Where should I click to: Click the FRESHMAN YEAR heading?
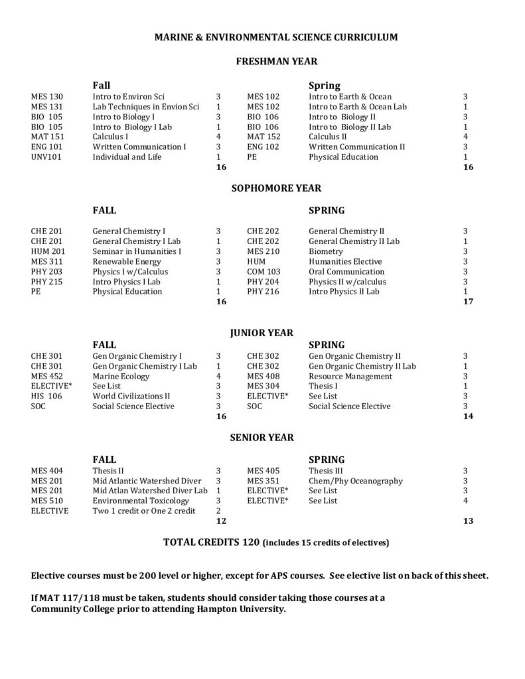click(277, 62)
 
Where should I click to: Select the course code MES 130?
click(47, 97)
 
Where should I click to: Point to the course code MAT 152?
click(263, 137)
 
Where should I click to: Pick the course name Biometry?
click(326, 251)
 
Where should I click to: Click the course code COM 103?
click(263, 271)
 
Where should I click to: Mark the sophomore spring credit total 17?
click(467, 302)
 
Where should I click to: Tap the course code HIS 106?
click(46, 396)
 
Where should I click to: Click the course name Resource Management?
click(350, 376)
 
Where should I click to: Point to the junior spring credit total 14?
click(467, 416)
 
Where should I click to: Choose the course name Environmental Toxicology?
click(141, 501)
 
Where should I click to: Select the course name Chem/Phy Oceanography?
click(355, 481)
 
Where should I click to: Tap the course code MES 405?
click(263, 471)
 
